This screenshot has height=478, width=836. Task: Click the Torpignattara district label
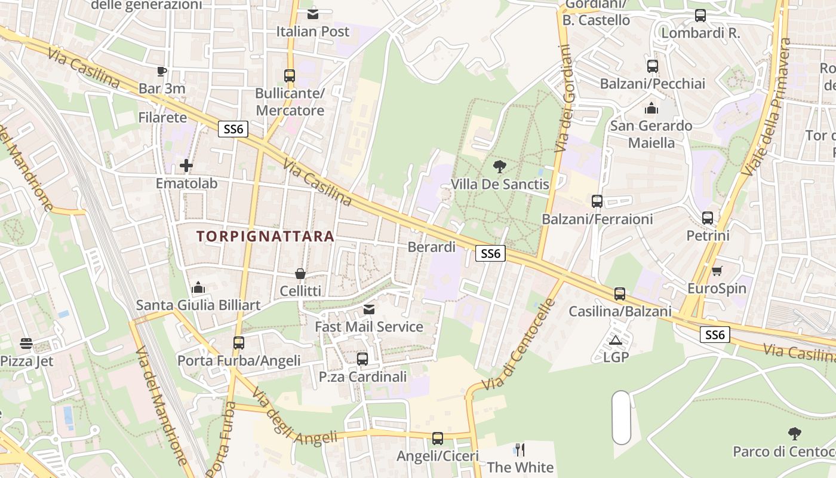[x=265, y=236]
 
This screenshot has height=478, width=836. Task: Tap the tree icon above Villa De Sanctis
[x=500, y=167]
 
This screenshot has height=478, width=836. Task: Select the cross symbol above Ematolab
[x=186, y=166]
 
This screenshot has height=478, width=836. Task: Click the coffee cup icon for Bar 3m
[x=162, y=72]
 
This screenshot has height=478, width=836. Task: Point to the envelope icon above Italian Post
[x=312, y=14]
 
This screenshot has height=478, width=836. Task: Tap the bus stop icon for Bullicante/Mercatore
[x=290, y=76]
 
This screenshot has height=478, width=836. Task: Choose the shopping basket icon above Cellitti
[x=300, y=274]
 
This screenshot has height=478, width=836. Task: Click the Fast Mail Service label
[x=369, y=327]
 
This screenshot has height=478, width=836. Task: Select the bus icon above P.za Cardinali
[x=362, y=359]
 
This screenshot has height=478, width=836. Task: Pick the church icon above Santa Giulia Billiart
[x=198, y=288]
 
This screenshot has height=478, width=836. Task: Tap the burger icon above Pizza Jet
[x=26, y=344]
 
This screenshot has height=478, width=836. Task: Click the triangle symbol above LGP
[x=616, y=341]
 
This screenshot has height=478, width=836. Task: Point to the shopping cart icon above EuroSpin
[x=717, y=271]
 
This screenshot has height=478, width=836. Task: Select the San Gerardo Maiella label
[x=651, y=134]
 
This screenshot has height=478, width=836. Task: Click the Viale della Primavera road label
[x=767, y=108]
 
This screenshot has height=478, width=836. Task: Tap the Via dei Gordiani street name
[x=563, y=99]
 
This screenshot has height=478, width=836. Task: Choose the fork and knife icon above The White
[x=520, y=449]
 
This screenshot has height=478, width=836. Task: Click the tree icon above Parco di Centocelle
[x=794, y=433]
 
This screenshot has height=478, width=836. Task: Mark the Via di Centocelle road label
[x=517, y=345]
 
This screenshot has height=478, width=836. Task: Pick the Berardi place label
[x=431, y=247]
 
